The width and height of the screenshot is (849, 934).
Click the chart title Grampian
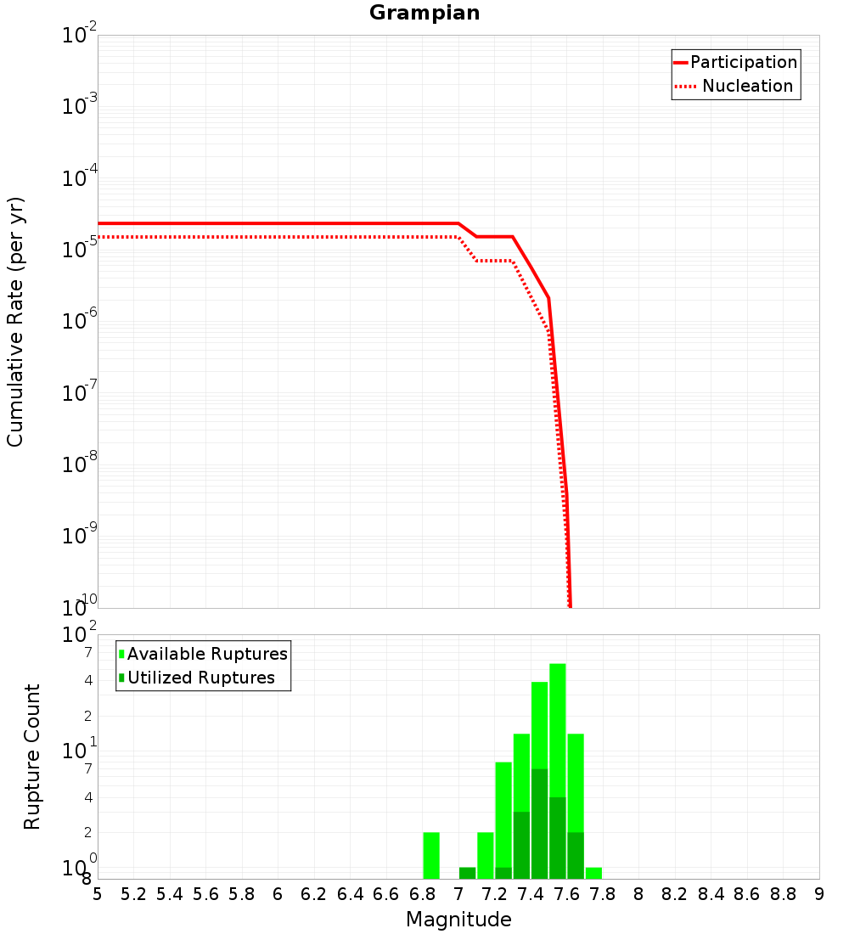tap(424, 14)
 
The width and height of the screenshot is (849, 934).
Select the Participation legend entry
tap(743, 62)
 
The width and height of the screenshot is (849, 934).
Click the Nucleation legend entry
tap(746, 86)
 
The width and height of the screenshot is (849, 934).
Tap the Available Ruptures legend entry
tap(206, 654)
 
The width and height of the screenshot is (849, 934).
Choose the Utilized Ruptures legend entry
tap(200, 678)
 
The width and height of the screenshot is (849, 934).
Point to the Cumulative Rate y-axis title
tap(15, 321)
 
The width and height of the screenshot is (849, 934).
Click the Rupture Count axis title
tap(32, 757)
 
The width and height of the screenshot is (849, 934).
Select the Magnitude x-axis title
tap(458, 920)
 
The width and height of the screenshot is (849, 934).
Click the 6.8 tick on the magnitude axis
tap(422, 894)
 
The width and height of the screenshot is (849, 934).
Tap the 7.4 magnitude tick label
tap(531, 894)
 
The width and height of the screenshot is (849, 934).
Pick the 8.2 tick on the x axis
tap(675, 894)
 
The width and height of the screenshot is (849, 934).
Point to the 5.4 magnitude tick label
tap(170, 894)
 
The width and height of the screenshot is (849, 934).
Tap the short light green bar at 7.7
tap(593, 873)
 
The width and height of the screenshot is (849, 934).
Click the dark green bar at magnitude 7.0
tap(467, 873)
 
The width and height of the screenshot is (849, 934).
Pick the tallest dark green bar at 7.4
tap(539, 824)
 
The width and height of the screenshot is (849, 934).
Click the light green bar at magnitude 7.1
tap(485, 855)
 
